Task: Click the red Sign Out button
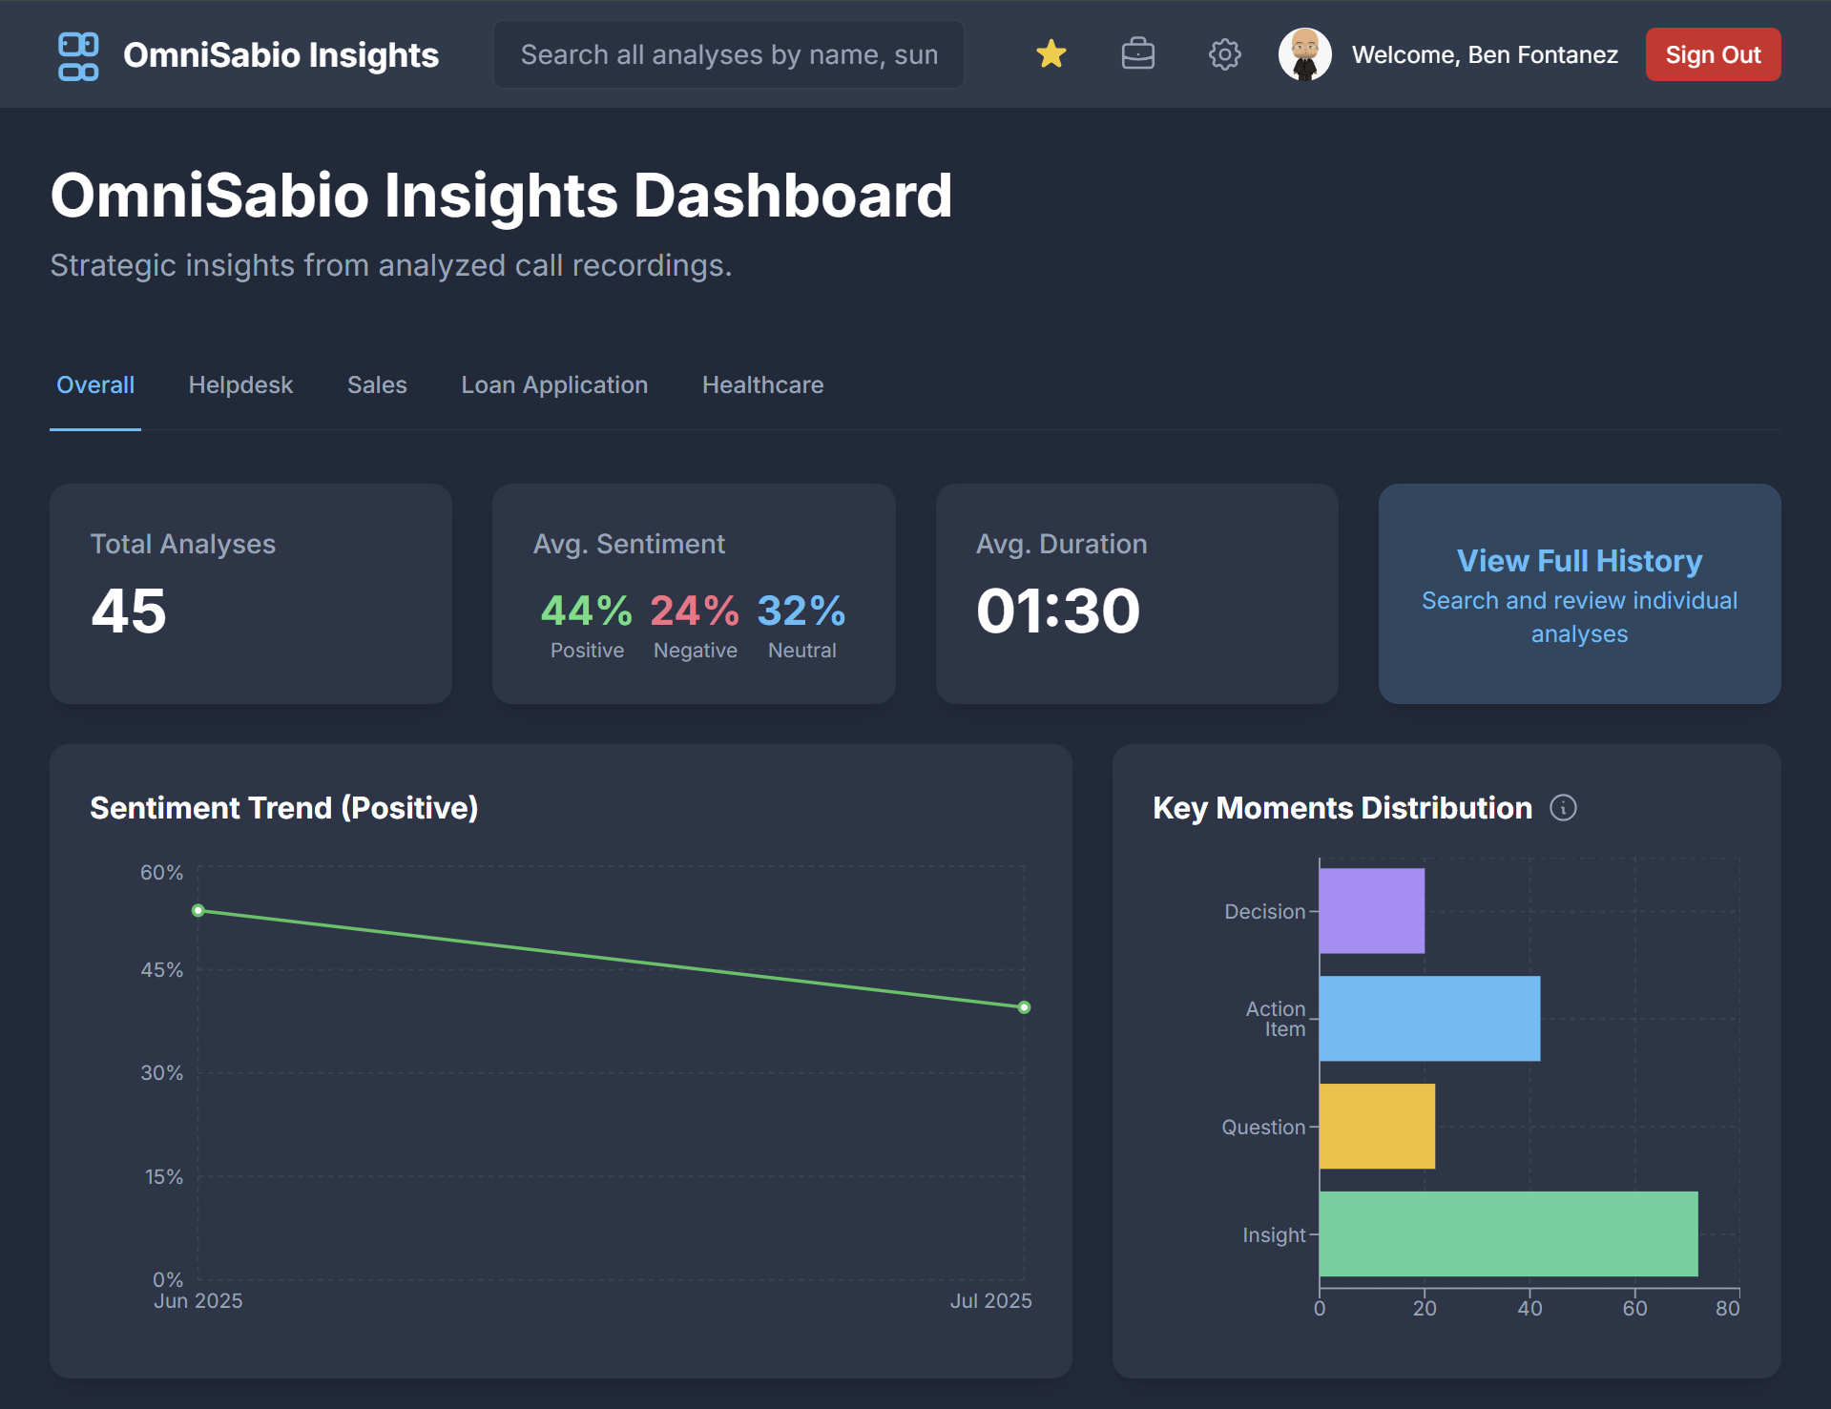(1713, 54)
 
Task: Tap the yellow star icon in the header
(1051, 54)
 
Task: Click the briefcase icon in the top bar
(1137, 54)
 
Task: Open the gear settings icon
(1224, 54)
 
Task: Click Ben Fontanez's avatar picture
(1304, 54)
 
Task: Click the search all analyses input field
(728, 54)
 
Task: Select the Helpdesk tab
(240, 385)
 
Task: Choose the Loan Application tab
(554, 385)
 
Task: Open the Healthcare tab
(762, 385)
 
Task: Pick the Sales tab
(377, 385)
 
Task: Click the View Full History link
(1579, 561)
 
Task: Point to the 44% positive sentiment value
(586, 611)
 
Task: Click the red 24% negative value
(694, 611)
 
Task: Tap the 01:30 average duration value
(1057, 611)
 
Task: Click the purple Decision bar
(1371, 911)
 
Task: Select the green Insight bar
(1508, 1233)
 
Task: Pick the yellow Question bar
(1377, 1127)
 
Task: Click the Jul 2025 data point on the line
(1024, 1007)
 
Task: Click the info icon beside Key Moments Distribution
(1563, 808)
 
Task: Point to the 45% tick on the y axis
(162, 970)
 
